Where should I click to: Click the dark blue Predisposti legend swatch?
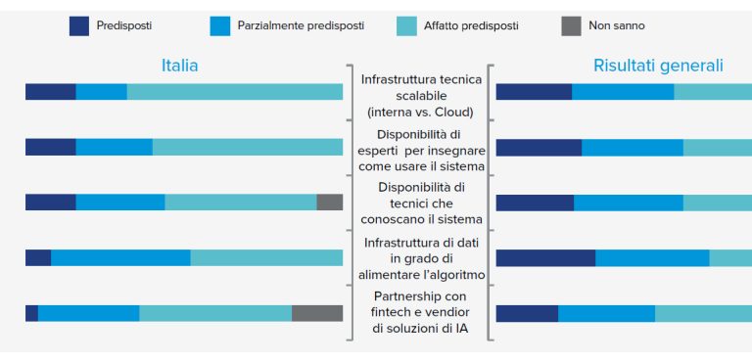[78, 26]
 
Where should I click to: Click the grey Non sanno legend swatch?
[569, 26]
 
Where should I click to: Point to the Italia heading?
[179, 67]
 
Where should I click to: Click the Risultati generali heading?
[658, 67]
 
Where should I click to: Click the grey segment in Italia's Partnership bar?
[317, 313]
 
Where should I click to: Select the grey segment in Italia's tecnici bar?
[329, 202]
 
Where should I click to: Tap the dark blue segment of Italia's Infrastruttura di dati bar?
[38, 257]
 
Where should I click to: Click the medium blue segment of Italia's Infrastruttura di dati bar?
[120, 257]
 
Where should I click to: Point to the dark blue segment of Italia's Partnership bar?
[31, 313]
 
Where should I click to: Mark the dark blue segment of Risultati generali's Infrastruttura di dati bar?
[545, 258]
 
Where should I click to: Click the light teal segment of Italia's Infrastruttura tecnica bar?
[235, 92]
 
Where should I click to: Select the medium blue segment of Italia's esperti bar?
[114, 147]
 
